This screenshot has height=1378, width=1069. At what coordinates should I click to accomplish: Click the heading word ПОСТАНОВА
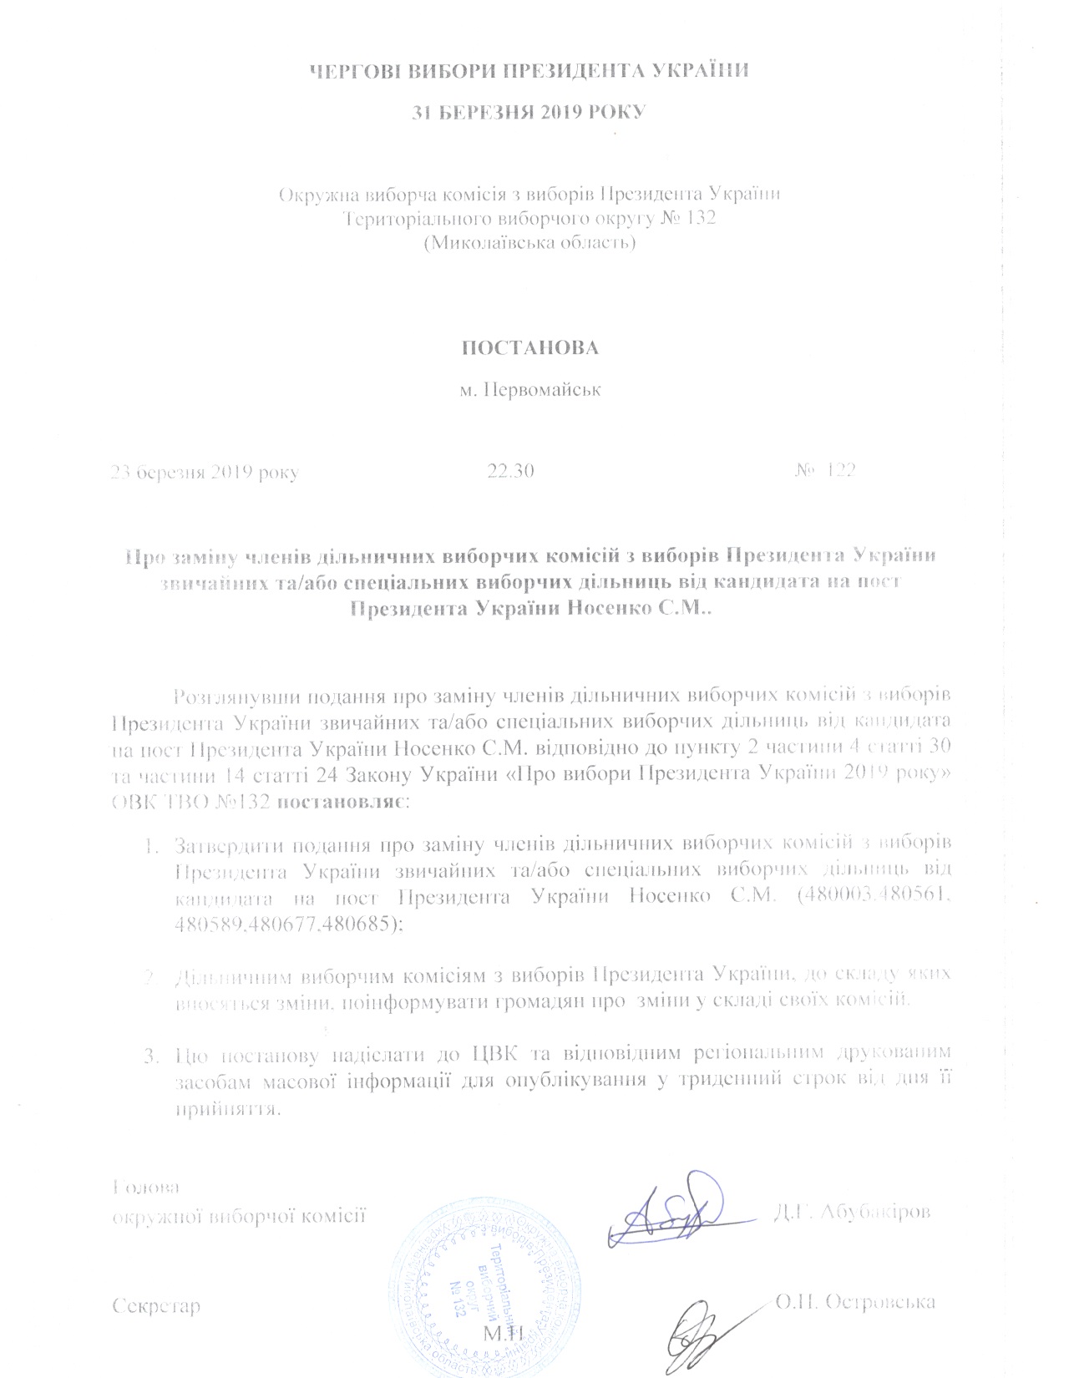tap(531, 347)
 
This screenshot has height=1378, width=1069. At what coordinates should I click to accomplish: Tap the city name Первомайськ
tap(530, 390)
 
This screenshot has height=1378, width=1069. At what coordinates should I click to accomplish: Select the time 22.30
tap(510, 471)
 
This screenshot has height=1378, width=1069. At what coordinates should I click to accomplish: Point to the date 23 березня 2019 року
tap(205, 472)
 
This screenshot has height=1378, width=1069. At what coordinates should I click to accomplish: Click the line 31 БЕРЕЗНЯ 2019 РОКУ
tap(530, 112)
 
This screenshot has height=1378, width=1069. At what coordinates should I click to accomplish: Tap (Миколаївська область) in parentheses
tap(530, 244)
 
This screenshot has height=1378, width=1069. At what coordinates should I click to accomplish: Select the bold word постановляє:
tap(339, 803)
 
